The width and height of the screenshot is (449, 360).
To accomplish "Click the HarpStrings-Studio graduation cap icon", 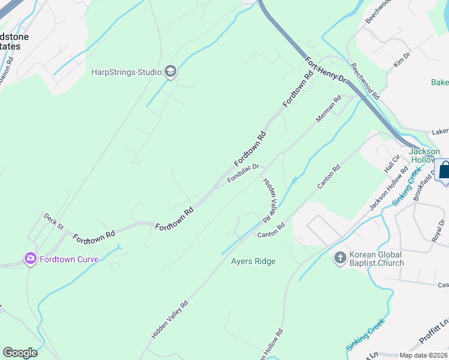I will pos(170,73).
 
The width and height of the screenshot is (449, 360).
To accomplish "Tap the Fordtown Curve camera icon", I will pos(30,259).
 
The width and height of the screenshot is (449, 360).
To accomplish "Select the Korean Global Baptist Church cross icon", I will pos(340,258).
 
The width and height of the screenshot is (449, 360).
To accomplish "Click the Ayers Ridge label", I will pos(253,261).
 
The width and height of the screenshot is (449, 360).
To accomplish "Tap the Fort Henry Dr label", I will pos(325,70).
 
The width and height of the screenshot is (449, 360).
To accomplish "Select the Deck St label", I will pos(53,221).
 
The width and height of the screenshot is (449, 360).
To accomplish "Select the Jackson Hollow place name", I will pos(424,156).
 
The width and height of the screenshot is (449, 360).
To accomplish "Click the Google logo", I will pos(20,352).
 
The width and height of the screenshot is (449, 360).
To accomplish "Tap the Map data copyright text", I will pos(423,355).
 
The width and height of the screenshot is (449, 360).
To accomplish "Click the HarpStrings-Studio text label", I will pos(127,73).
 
